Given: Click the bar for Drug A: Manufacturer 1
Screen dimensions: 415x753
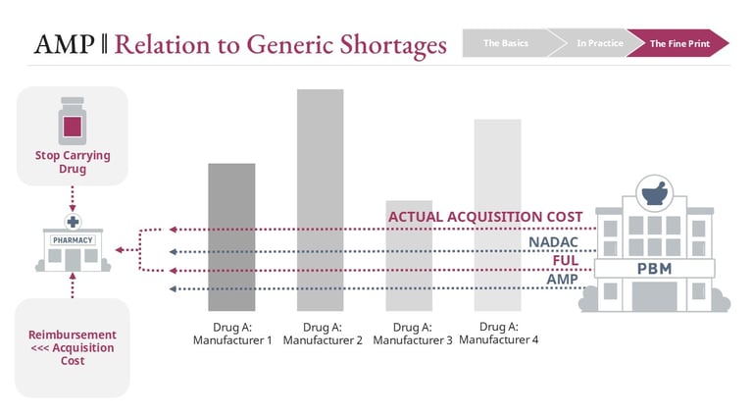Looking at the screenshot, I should click(231, 236).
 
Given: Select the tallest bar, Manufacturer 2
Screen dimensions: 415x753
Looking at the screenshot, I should click(320, 196).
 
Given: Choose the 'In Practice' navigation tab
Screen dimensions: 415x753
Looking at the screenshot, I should click(593, 43).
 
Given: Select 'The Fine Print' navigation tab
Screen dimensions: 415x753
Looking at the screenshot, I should click(676, 43).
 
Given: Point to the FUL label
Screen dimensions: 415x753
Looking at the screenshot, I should click(566, 261).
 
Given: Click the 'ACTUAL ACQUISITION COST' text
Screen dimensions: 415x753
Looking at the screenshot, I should click(485, 217).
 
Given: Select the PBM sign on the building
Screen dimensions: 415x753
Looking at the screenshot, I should click(648, 267).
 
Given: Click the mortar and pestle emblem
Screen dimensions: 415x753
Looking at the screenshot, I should click(648, 191).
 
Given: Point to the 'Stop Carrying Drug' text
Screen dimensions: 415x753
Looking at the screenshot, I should click(73, 162).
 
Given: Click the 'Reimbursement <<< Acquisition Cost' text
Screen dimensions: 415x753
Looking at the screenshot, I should click(72, 347).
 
